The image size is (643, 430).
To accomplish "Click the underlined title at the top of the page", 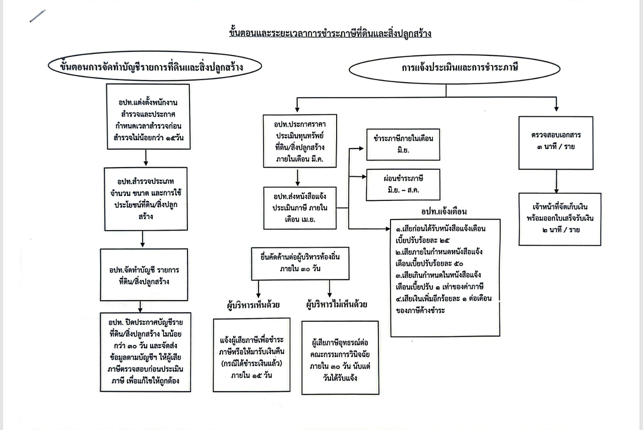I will pyautogui.click(x=330, y=33).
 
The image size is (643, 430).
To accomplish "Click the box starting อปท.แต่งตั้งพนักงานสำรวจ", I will pyautogui.click(x=148, y=117).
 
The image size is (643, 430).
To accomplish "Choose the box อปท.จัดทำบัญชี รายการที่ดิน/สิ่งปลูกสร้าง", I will pyautogui.click(x=144, y=275).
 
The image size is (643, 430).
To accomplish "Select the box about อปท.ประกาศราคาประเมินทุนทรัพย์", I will pyautogui.click(x=299, y=140).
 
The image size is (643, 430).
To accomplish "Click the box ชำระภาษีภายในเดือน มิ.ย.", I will pyautogui.click(x=403, y=145).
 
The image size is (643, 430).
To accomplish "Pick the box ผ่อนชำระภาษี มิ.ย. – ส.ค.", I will pyautogui.click(x=403, y=185).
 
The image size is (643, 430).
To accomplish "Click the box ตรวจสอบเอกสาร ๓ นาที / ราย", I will pyautogui.click(x=556, y=142).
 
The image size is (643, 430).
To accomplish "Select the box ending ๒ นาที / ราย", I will pyautogui.click(x=559, y=219).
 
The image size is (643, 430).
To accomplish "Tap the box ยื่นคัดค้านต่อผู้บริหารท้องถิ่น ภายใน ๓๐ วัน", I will pyautogui.click(x=300, y=262).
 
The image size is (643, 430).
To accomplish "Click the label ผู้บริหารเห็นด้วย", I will pyautogui.click(x=253, y=305).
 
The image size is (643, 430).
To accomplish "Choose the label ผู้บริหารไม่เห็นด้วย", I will pyautogui.click(x=337, y=304).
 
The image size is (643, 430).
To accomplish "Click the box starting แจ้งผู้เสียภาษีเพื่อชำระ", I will pyautogui.click(x=251, y=354).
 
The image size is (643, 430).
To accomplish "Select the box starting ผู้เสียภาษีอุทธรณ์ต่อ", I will pyautogui.click(x=340, y=357).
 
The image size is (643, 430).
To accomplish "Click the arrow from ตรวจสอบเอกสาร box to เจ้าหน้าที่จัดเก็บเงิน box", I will pyautogui.click(x=556, y=181).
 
